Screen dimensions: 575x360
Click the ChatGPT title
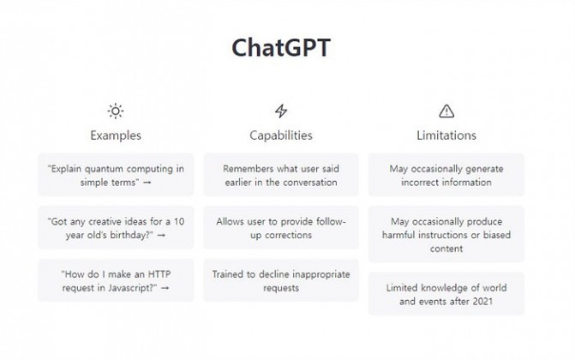click(281, 48)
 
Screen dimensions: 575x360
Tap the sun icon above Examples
click(116, 111)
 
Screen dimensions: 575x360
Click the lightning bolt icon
click(281, 111)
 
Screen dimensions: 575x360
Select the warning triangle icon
click(446, 111)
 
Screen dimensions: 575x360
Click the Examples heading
click(116, 135)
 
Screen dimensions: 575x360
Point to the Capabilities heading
click(281, 135)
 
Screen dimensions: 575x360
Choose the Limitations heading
click(446, 135)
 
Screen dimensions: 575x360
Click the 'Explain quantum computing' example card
click(116, 175)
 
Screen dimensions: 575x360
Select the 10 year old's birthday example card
click(116, 228)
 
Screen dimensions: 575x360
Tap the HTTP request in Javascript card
click(116, 281)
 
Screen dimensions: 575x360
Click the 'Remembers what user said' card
click(281, 175)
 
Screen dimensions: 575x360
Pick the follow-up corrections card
click(281, 228)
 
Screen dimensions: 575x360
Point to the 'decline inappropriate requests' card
click(281, 281)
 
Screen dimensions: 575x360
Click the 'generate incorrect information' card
click(446, 175)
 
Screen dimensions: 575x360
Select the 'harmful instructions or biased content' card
click(446, 235)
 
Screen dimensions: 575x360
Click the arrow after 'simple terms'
click(147, 183)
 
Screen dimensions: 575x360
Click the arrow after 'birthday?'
click(161, 235)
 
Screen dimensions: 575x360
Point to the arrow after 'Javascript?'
click(165, 288)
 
